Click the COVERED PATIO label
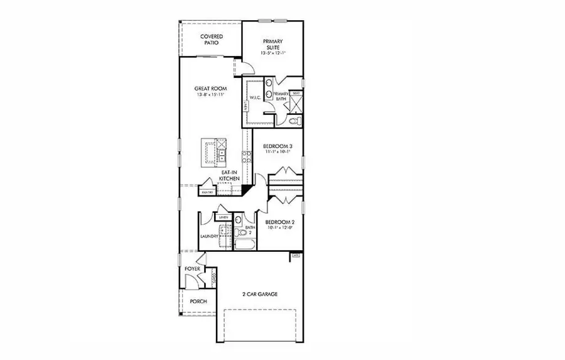pyautogui.click(x=212, y=40)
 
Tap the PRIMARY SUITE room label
pyautogui.click(x=273, y=45)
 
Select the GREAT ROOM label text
pyautogui.click(x=210, y=89)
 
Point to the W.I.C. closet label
pyautogui.click(x=255, y=97)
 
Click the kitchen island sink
pyautogui.click(x=222, y=150)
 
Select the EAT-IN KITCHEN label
pyautogui.click(x=229, y=175)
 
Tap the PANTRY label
pyautogui.click(x=208, y=192)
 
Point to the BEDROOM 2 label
pyautogui.click(x=279, y=222)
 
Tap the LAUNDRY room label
pyautogui.click(x=209, y=236)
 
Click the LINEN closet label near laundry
pyautogui.click(x=223, y=217)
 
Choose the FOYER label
pyautogui.click(x=192, y=269)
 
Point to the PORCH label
pyautogui.click(x=198, y=301)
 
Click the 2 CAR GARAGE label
pyautogui.click(x=260, y=294)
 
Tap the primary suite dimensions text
pyautogui.click(x=273, y=53)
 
